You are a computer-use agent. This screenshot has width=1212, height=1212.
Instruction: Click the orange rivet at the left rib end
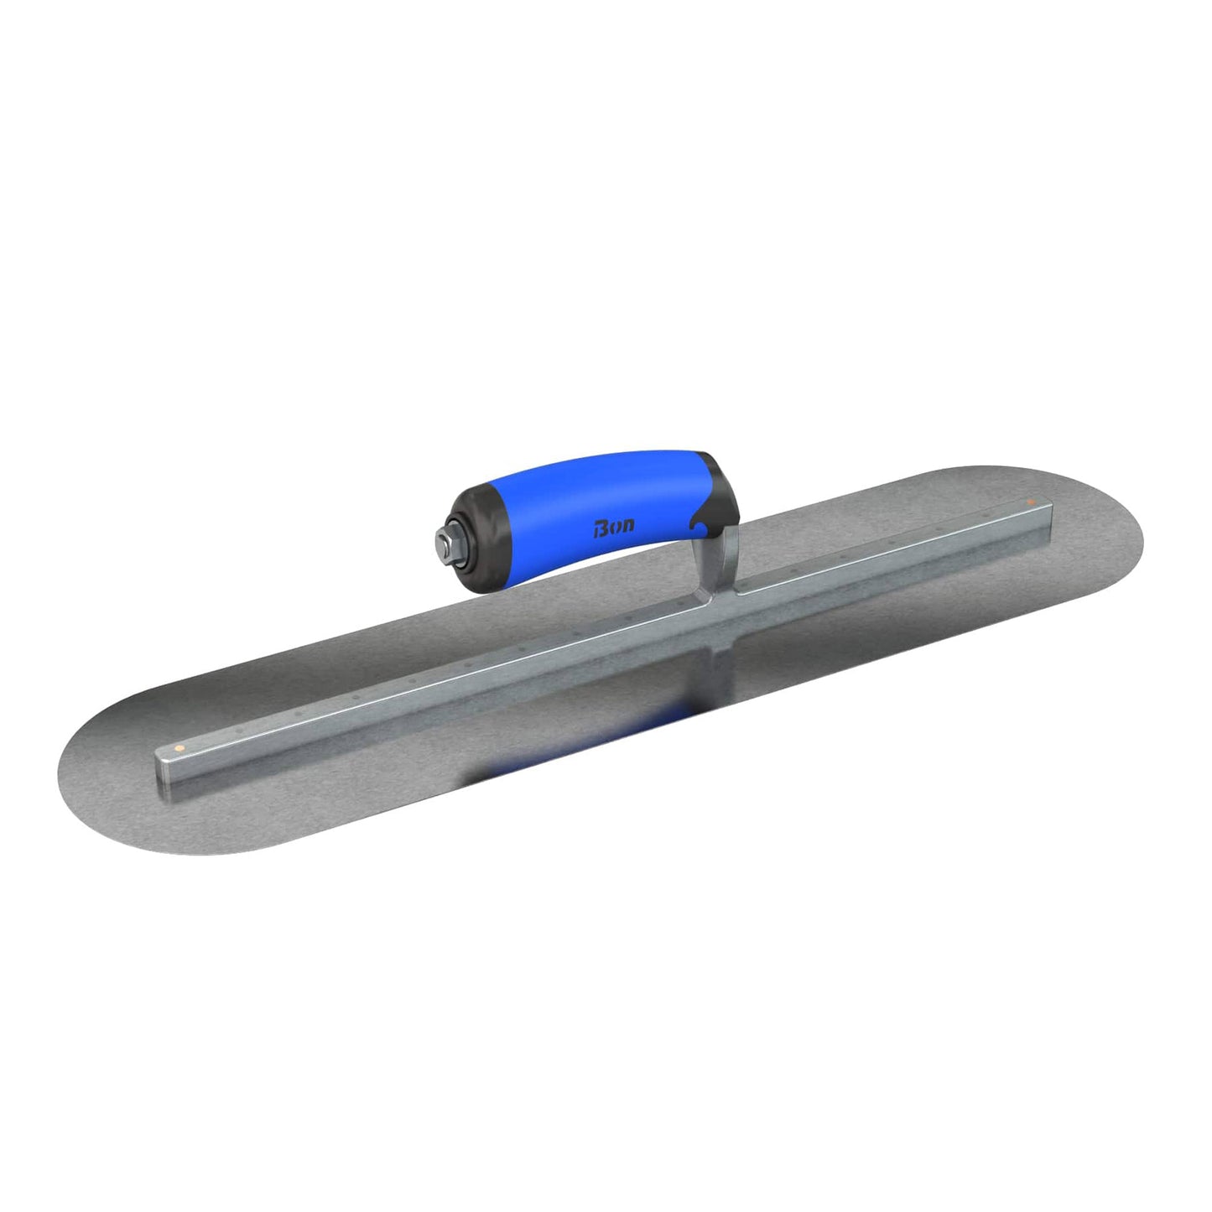179,744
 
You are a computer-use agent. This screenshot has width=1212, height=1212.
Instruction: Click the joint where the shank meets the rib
730,592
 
